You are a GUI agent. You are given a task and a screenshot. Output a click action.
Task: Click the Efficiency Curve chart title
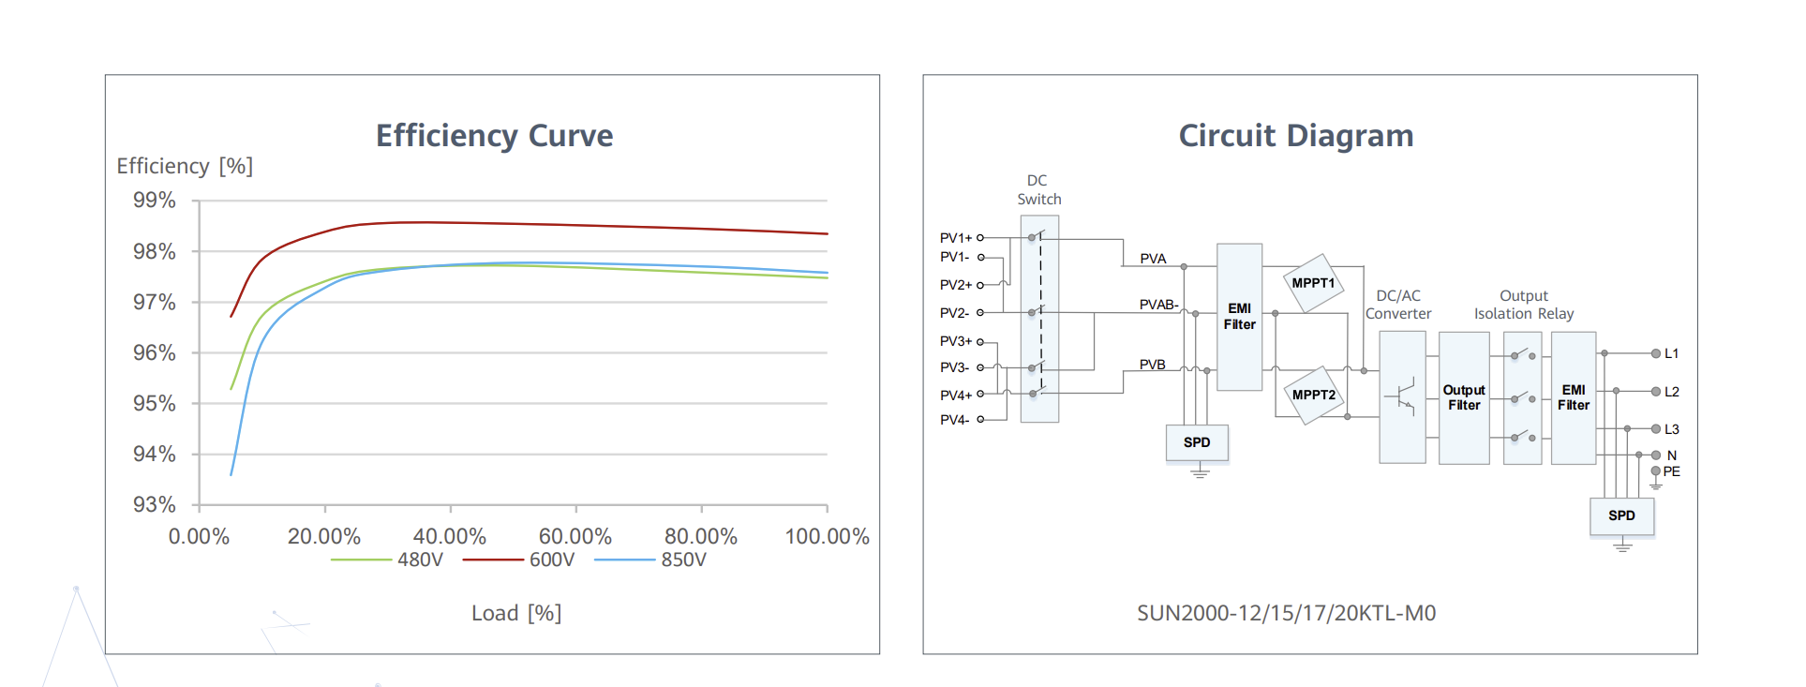tap(494, 136)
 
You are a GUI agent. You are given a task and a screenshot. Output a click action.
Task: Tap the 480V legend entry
tap(419, 560)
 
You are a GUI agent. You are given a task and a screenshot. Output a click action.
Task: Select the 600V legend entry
tap(551, 560)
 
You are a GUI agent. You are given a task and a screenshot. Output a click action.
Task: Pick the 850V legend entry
tap(683, 560)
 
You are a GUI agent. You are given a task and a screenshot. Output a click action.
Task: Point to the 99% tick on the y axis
tap(155, 200)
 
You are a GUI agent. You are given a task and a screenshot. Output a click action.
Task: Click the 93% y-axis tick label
tap(155, 504)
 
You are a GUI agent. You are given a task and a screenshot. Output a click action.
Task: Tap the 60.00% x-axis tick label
tap(575, 536)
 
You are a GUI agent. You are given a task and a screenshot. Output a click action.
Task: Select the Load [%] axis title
tap(516, 613)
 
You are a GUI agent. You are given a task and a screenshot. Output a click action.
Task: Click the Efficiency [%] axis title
tap(185, 166)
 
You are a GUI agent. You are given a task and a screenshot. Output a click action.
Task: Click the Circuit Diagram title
tap(1295, 136)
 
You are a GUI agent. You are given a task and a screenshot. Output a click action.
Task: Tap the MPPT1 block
tap(1313, 283)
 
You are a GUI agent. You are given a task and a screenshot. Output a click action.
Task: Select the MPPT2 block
tap(1313, 395)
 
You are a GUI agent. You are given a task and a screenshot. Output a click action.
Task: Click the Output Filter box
tap(1464, 397)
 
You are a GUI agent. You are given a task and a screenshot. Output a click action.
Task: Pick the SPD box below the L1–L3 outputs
tap(1621, 515)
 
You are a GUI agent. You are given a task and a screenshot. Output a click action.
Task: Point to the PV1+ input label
tap(956, 238)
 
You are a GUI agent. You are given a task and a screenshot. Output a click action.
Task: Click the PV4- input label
tap(954, 420)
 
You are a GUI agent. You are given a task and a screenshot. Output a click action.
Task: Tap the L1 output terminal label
tap(1671, 353)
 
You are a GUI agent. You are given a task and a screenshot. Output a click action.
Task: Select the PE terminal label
tap(1671, 471)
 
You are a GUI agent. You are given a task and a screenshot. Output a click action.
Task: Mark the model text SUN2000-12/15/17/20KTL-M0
tap(1286, 613)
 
